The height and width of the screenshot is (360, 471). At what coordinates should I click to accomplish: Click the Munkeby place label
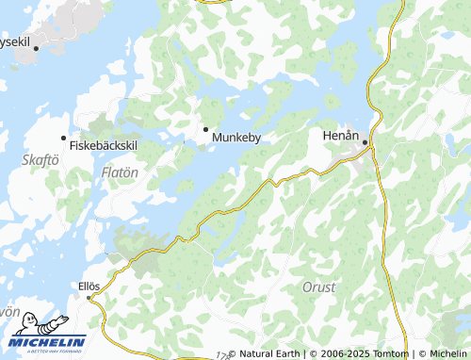coord(235,138)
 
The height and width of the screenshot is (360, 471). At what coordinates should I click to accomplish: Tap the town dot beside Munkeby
coord(206,128)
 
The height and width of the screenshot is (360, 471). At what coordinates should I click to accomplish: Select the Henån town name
coord(341,136)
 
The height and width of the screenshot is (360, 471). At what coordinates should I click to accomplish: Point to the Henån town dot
coord(365,143)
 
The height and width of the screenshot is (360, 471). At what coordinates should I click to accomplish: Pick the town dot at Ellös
coord(90,297)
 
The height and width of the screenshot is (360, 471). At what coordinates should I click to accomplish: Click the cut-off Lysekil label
coord(14,41)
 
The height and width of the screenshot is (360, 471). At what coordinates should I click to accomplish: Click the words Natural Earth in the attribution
coord(268,354)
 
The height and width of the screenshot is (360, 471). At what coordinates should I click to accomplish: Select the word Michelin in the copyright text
coord(447,354)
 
